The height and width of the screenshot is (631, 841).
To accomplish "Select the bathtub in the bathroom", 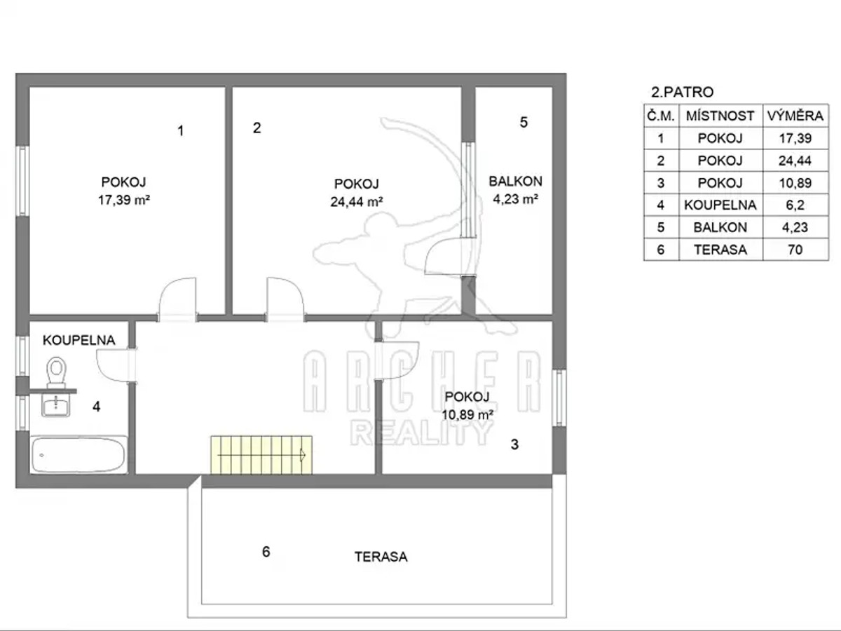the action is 78,455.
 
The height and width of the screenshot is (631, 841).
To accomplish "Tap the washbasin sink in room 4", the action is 55,405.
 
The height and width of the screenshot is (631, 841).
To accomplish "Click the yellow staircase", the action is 261,455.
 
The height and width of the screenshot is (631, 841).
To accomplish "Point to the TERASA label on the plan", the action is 381,557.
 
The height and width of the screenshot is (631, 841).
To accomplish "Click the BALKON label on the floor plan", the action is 515,181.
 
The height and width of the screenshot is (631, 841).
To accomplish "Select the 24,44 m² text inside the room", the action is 357,201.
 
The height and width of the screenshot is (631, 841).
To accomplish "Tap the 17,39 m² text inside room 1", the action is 124,200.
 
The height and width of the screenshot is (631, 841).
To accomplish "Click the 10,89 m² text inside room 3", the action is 467,414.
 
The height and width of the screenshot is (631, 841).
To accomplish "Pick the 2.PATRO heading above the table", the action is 683,92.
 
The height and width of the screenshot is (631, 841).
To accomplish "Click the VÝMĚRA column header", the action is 795,116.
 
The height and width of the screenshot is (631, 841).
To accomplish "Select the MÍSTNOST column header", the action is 720,116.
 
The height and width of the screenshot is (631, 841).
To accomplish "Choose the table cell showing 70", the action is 795,250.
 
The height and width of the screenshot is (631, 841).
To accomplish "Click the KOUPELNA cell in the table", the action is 720,205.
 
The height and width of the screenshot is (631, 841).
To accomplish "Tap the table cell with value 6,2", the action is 795,205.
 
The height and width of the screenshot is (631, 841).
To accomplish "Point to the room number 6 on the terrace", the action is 266,552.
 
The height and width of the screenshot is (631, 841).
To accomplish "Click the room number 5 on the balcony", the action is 524,122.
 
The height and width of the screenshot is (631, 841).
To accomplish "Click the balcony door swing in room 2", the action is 449,256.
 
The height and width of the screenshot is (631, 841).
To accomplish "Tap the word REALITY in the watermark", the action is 421,433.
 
